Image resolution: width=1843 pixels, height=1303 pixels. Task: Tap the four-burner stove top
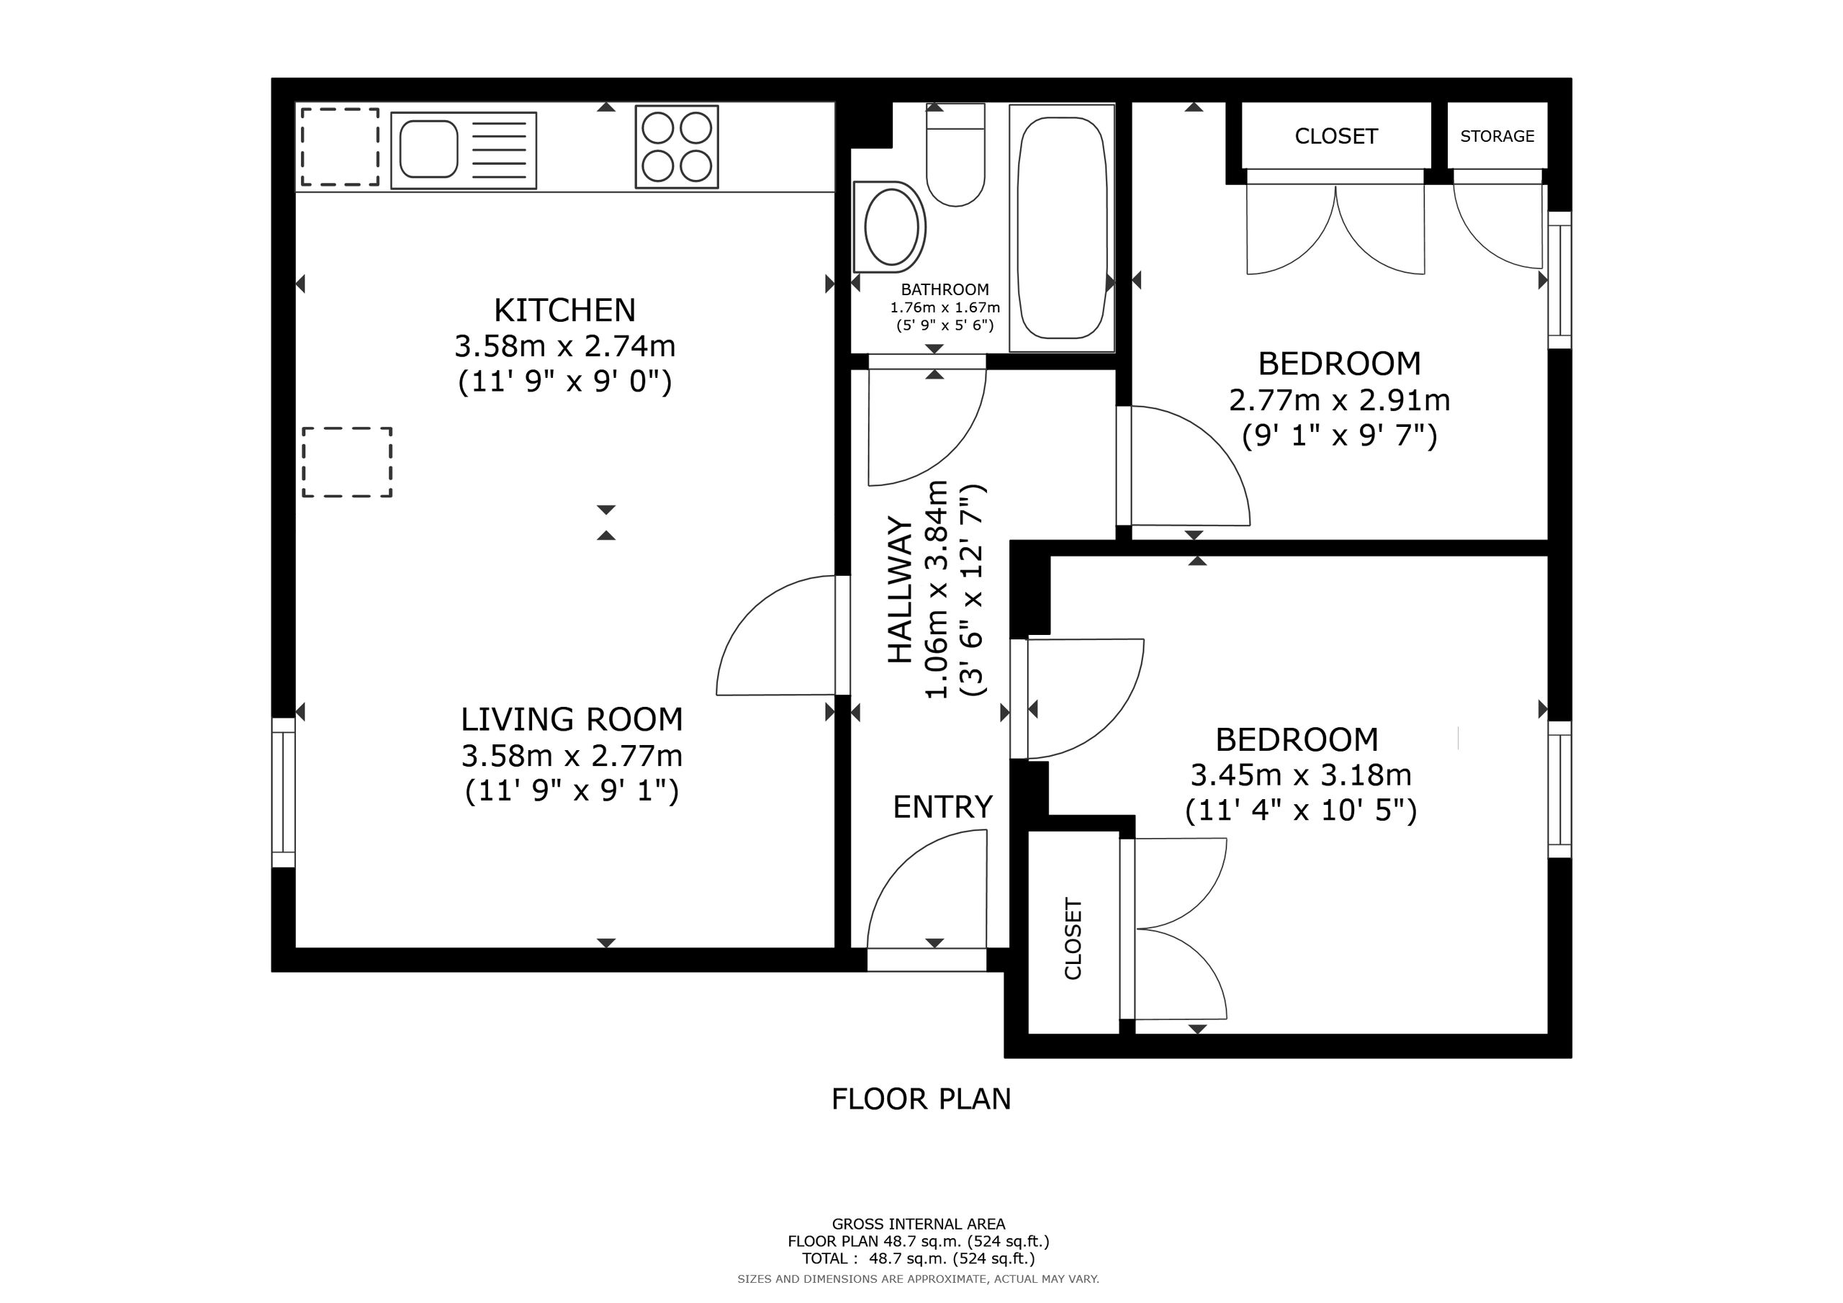pos(677,147)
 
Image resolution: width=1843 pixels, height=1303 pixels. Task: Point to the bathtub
pos(1062,228)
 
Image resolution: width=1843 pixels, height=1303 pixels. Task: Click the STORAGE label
pos(1497,137)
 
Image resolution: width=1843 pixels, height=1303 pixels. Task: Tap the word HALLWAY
pos(900,590)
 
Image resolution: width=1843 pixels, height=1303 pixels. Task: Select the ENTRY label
pos(942,807)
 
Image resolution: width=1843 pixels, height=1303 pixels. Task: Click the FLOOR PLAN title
pos(921,1099)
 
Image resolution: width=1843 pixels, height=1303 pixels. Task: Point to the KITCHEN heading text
pos(564,310)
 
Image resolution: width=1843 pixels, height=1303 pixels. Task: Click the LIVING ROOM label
pos(572,719)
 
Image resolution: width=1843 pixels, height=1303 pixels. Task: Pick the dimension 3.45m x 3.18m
pos(1300,775)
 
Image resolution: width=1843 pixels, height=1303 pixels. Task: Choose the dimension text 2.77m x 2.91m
pos(1339,400)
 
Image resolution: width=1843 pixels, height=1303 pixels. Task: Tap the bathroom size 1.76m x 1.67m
pos(945,307)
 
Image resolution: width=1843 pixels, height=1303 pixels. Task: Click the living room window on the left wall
pos(284,793)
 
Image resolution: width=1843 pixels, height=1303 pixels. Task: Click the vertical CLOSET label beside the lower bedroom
pos(1073,939)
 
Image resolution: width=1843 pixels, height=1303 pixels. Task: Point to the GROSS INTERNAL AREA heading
pos(919,1225)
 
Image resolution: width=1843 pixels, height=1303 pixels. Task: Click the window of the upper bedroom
pos(1559,280)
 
